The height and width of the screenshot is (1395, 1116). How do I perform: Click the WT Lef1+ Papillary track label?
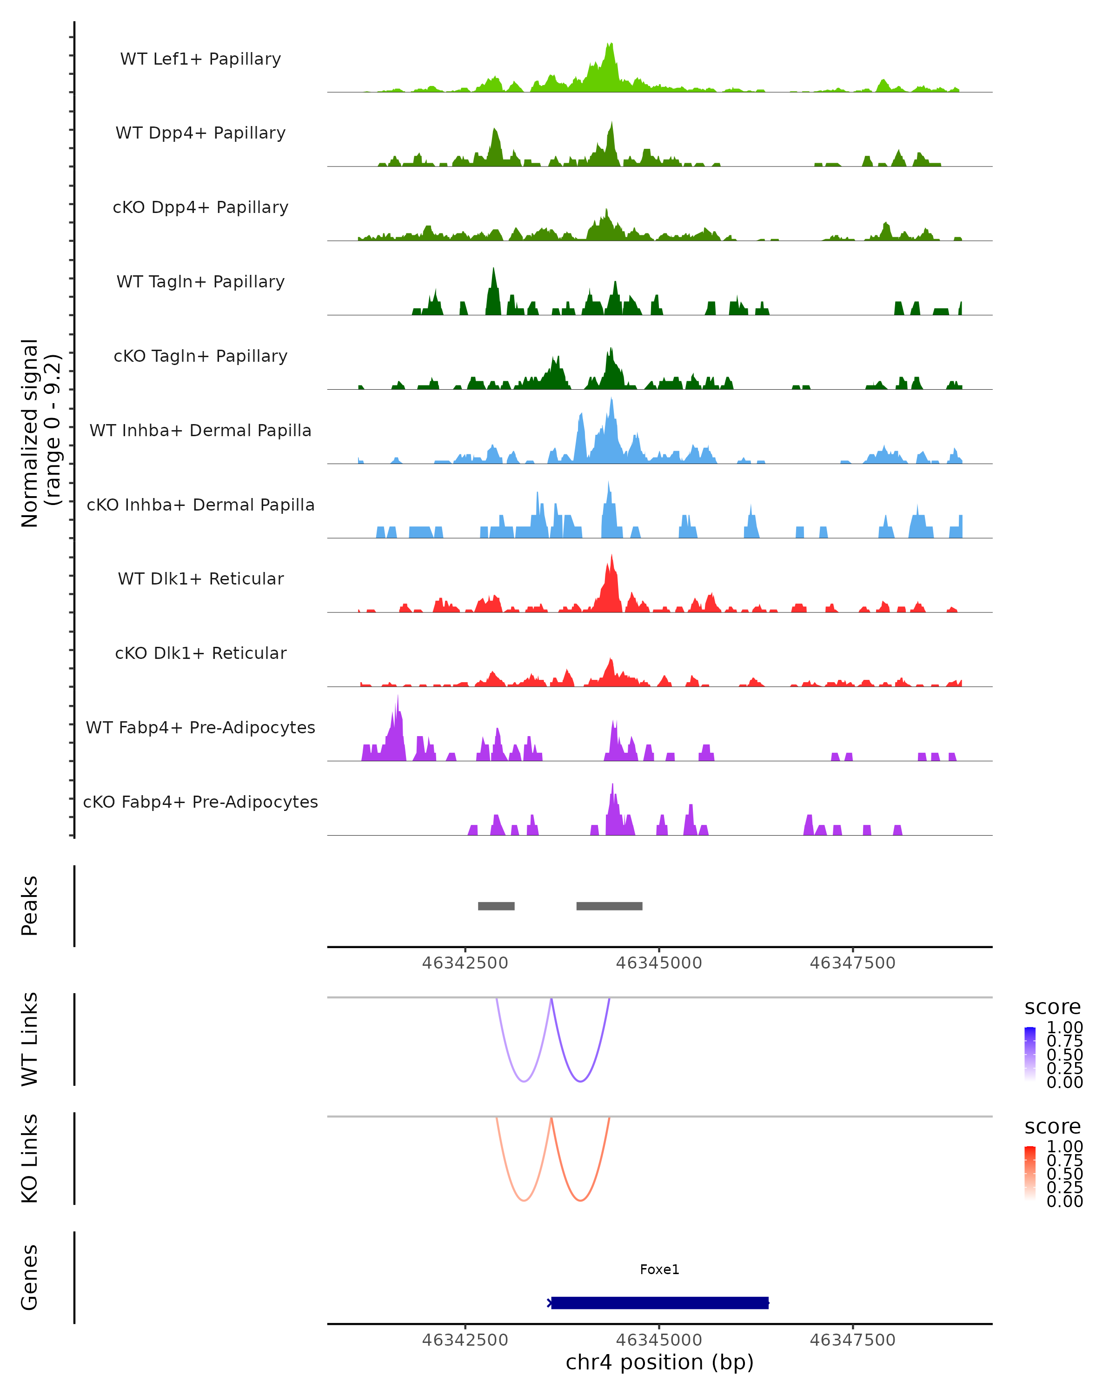200,59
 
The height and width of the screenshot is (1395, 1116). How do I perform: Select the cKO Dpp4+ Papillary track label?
200,207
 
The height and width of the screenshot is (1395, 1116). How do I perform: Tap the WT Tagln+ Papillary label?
200,281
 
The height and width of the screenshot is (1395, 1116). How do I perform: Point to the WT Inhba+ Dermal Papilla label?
200,430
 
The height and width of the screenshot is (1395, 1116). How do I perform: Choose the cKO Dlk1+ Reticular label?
200,653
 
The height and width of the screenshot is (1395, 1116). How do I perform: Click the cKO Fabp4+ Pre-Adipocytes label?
200,802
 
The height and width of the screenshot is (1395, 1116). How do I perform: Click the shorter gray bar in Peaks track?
496,906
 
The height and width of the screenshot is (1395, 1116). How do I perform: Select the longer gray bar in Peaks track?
610,906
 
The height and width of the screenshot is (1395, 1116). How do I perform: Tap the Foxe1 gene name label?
659,1269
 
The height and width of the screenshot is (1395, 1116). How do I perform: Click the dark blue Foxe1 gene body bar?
659,1302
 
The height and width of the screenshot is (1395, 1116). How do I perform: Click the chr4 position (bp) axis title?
659,1362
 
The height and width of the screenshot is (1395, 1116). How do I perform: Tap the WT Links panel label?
30,1039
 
